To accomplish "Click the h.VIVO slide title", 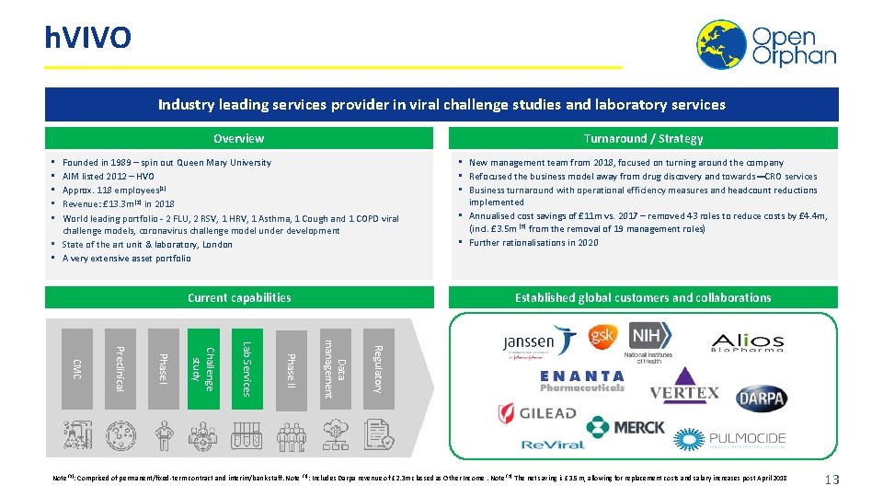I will click(x=88, y=39).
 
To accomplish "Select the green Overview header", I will click(x=238, y=139).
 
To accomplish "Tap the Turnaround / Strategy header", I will click(x=644, y=139).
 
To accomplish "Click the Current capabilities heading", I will click(x=239, y=298).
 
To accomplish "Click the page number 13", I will click(x=832, y=480).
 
